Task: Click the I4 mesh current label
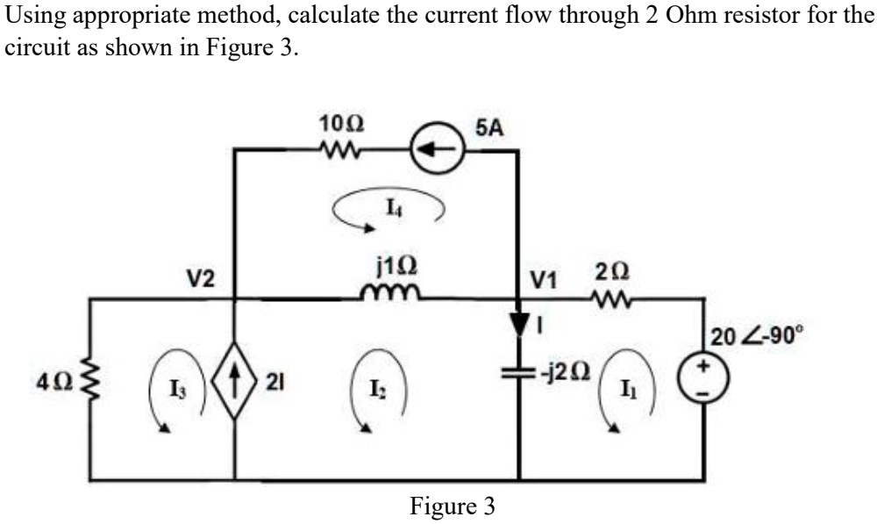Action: pyautogui.click(x=389, y=207)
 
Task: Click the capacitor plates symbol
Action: pyautogui.click(x=518, y=371)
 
